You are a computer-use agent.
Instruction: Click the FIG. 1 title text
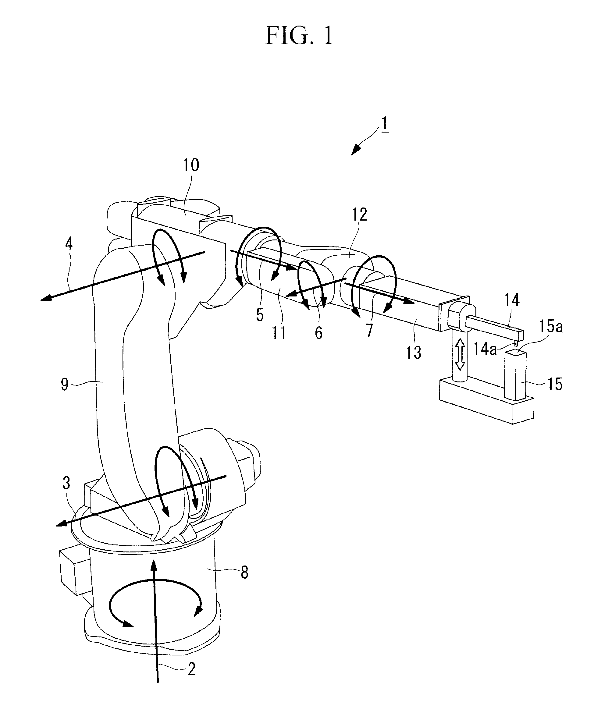pos(299,36)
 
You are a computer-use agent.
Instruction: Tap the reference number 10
pos(191,165)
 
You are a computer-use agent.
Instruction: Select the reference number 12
pos(359,215)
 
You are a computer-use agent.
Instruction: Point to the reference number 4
pos(69,244)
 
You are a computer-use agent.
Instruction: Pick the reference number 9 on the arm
pos(65,385)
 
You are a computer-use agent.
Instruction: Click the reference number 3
pos(66,483)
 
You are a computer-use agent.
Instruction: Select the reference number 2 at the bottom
pos(192,669)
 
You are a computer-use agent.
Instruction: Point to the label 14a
pos(485,349)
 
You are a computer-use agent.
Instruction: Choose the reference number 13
pos(413,353)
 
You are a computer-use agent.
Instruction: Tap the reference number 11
pos(279,332)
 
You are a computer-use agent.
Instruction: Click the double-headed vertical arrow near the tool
pos(460,354)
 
